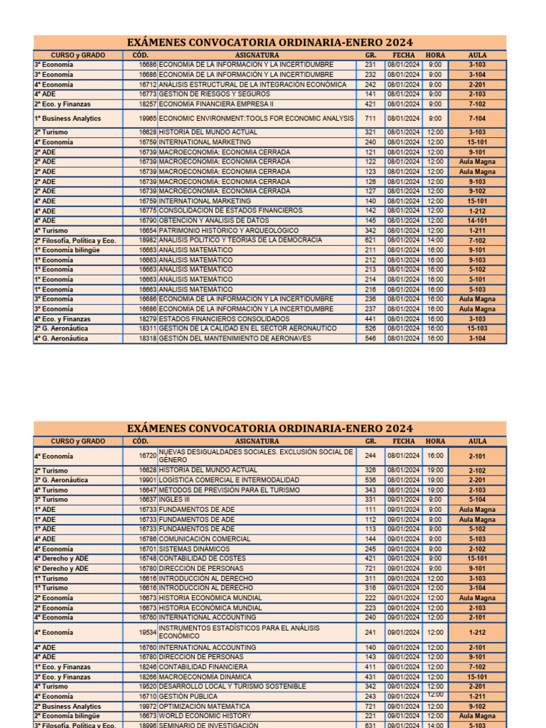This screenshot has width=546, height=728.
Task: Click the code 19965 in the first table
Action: (147, 119)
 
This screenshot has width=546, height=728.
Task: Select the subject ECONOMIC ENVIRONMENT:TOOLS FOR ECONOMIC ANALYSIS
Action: (256, 119)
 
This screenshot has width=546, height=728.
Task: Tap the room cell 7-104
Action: (477, 119)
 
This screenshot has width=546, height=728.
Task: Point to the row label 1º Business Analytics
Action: (68, 119)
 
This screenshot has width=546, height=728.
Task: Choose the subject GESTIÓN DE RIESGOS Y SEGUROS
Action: (214, 94)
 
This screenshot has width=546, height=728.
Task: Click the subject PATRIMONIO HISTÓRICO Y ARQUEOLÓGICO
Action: (228, 230)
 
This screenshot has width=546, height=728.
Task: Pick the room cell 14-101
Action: (477, 220)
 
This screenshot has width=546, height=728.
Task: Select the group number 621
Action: (370, 240)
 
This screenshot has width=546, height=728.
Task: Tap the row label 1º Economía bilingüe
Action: (68, 250)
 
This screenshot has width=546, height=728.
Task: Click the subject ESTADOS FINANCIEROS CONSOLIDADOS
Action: (224, 319)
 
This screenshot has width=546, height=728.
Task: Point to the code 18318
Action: (147, 338)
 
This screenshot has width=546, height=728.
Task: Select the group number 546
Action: (370, 338)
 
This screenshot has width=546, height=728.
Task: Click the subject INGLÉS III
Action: (179, 500)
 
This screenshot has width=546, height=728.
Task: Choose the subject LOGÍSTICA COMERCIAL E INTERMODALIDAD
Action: (228, 481)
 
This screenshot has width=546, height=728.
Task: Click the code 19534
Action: (147, 633)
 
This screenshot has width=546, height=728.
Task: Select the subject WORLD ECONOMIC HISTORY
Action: (205, 716)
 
